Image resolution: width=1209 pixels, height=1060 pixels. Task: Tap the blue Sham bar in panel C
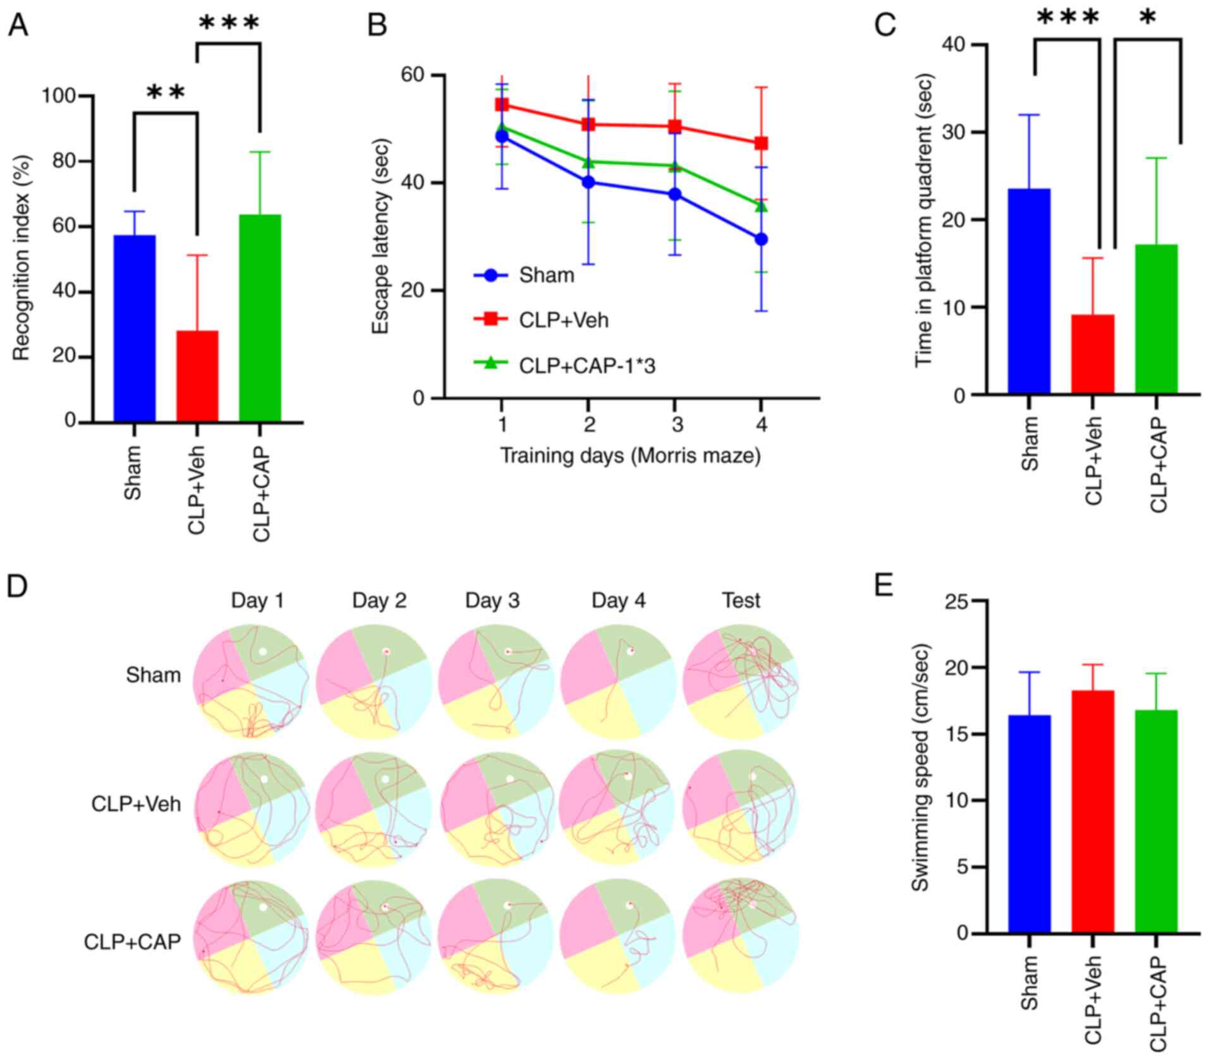pyautogui.click(x=1029, y=291)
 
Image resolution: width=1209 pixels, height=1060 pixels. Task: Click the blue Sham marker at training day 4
pyautogui.click(x=762, y=239)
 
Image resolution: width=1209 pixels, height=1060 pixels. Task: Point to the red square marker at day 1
pyautogui.click(x=502, y=105)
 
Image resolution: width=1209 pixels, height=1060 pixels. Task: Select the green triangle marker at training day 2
pyautogui.click(x=588, y=162)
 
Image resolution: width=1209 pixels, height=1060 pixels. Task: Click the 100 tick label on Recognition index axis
pyautogui.click(x=59, y=96)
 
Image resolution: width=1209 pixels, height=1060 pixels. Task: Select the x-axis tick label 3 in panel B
pyautogui.click(x=676, y=425)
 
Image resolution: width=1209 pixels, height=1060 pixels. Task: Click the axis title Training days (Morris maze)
pyautogui.click(x=630, y=455)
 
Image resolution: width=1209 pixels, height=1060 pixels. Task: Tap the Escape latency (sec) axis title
pyautogui.click(x=382, y=236)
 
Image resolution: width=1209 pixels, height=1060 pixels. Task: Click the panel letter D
pyautogui.click(x=18, y=586)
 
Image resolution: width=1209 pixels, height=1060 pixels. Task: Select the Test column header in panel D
pyautogui.click(x=741, y=600)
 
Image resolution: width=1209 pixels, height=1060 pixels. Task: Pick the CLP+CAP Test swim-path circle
pyautogui.click(x=741, y=936)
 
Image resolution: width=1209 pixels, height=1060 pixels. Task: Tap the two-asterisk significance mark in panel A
pyautogui.click(x=166, y=93)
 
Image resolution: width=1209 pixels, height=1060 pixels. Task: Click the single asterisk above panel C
pyautogui.click(x=1148, y=18)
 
